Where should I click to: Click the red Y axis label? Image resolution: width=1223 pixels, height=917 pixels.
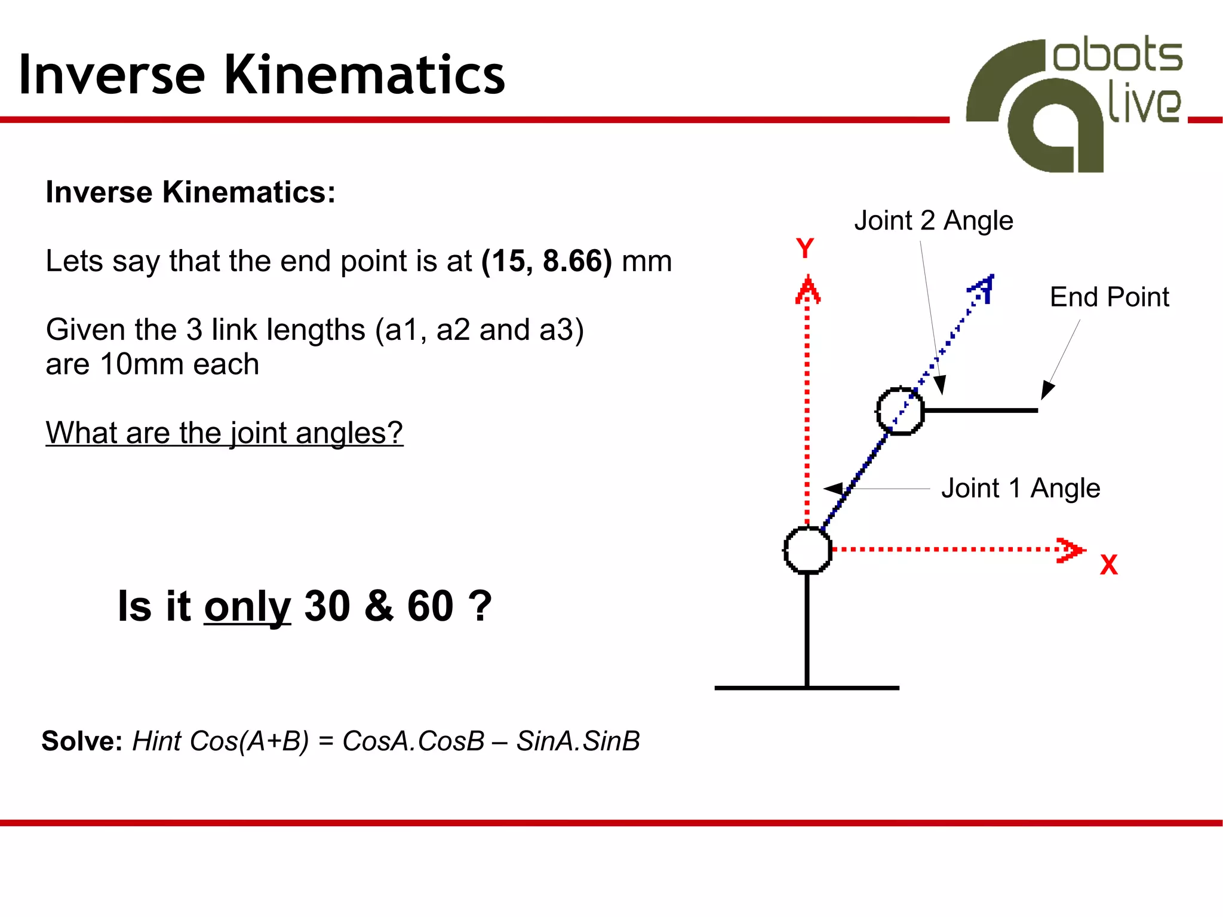click(805, 248)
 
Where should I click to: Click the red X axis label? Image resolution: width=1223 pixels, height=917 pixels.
click(1108, 565)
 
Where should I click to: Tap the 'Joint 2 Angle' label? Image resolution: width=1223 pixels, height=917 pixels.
click(933, 220)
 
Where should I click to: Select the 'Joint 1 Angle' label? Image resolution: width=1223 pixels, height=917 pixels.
click(1021, 488)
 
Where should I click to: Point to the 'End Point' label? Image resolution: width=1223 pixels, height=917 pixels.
click(1109, 297)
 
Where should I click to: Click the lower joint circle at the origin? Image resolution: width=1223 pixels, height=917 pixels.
click(807, 550)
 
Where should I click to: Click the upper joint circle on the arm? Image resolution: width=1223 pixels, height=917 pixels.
click(900, 411)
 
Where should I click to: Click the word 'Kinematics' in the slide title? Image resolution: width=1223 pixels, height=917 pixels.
click(364, 75)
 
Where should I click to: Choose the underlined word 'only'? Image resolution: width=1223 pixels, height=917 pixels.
click(247, 606)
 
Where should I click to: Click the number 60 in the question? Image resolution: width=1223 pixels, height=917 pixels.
click(430, 606)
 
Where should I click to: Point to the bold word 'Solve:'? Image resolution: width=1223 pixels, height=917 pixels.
click(82, 741)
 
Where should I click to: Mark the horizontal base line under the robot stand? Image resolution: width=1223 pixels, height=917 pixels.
click(806, 688)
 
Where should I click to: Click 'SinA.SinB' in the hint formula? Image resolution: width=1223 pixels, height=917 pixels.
click(578, 741)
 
